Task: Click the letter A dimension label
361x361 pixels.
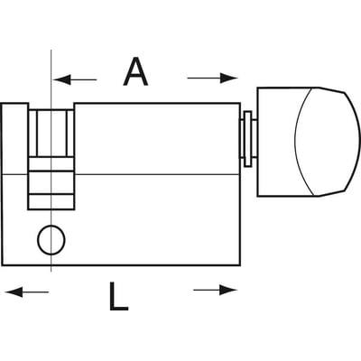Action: click(x=135, y=71)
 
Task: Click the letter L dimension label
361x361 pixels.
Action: click(x=118, y=296)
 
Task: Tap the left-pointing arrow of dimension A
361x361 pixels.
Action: click(x=75, y=79)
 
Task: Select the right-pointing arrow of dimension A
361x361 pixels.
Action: click(x=212, y=78)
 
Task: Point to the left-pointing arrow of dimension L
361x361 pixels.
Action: click(x=27, y=292)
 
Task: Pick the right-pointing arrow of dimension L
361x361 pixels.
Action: click(x=216, y=291)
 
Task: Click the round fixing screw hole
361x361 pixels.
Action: click(x=51, y=240)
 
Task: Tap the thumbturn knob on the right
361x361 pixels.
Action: click(x=309, y=142)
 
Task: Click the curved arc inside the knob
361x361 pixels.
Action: click(x=296, y=142)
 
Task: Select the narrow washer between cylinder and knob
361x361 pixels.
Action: click(x=248, y=139)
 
